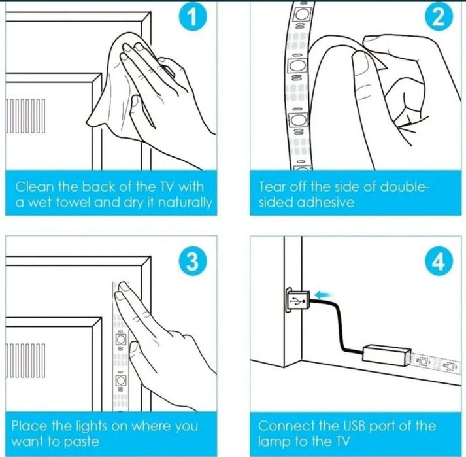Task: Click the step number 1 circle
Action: (193, 18)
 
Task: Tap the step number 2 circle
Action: (439, 18)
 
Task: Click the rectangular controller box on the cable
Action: (386, 355)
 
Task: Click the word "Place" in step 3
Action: (29, 426)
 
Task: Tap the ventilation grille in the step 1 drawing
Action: (25, 116)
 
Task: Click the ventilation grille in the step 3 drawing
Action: (25, 360)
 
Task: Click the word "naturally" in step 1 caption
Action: (185, 203)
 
